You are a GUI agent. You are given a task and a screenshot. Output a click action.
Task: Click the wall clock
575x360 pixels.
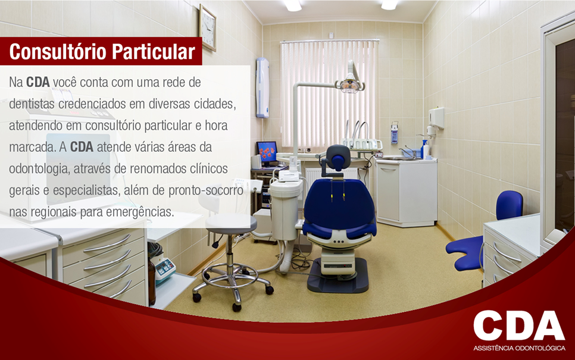click(x=207, y=27)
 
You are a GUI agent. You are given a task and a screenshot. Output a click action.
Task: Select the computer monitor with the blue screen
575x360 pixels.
click(x=267, y=151)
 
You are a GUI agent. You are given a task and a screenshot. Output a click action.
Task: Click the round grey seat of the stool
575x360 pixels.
click(x=231, y=221)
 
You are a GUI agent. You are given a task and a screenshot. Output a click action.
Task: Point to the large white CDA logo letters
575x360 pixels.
click(x=518, y=325)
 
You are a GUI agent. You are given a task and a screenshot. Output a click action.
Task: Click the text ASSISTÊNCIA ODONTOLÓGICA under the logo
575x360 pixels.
click(x=519, y=348)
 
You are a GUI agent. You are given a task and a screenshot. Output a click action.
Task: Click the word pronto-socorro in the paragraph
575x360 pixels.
click(x=206, y=190)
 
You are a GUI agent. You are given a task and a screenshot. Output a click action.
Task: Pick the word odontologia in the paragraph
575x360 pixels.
click(x=38, y=169)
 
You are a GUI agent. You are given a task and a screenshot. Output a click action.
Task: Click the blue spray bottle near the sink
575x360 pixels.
click(x=424, y=149)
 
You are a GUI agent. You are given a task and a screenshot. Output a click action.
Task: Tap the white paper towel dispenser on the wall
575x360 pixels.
click(x=436, y=118)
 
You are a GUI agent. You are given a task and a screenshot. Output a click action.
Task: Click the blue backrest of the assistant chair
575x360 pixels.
click(x=509, y=205)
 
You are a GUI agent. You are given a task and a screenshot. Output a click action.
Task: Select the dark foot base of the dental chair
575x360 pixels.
click(x=337, y=276)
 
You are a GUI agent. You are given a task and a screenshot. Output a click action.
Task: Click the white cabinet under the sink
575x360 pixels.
click(x=407, y=192)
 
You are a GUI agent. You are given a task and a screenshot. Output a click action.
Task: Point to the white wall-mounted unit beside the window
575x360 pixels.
click(x=262, y=87)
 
